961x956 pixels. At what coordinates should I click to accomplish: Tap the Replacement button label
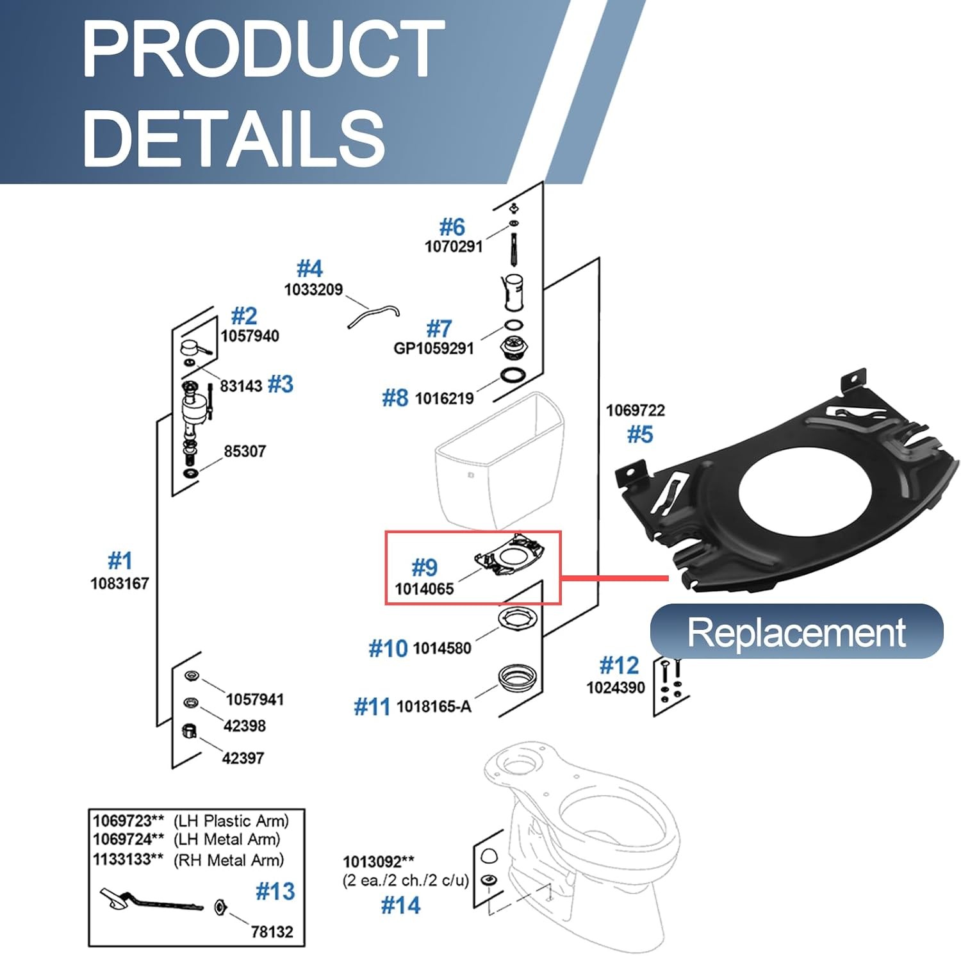pos(796,632)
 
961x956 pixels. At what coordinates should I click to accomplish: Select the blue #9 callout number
pos(424,567)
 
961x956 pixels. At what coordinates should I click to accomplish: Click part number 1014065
pos(424,589)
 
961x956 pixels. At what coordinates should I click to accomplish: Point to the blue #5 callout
pos(639,434)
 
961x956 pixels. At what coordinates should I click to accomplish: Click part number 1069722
pos(636,410)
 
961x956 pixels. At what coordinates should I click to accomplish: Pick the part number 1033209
pos(313,290)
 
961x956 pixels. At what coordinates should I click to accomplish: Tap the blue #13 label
pos(275,891)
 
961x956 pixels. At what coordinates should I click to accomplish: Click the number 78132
pos(272,932)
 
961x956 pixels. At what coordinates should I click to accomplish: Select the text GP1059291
pos(434,349)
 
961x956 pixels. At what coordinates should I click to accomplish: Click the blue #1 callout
pos(120,561)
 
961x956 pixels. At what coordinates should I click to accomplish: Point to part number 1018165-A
pos(434,707)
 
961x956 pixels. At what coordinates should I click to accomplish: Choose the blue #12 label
pos(619,666)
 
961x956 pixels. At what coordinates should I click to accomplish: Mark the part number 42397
pos(243,758)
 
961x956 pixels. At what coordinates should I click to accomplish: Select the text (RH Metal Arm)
pos(229,860)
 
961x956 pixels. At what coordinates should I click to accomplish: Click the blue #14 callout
pos(400,905)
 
